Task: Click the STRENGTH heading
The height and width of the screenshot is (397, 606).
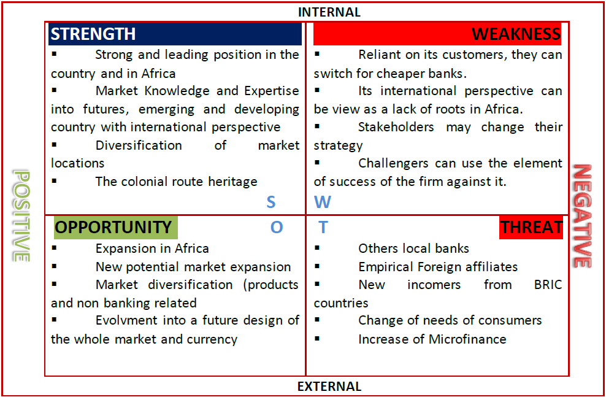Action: point(93,34)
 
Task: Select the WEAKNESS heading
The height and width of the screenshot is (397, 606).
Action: point(516,34)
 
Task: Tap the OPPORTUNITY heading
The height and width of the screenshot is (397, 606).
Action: point(113,227)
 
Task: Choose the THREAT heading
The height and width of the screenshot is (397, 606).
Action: point(531,228)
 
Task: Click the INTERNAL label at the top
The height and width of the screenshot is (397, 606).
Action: point(329,12)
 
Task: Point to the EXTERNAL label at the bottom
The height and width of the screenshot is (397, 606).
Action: point(329,387)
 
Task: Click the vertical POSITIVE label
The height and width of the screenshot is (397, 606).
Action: point(21,216)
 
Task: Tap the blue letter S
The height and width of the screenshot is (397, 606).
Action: point(270,202)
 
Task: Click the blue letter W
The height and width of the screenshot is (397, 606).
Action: point(322,202)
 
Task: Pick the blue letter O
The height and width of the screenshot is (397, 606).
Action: point(277,228)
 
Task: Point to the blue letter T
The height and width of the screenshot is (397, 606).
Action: point(323,228)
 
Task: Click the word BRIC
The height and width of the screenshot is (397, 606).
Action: point(548,285)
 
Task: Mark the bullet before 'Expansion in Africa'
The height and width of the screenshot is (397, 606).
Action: point(54,248)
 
